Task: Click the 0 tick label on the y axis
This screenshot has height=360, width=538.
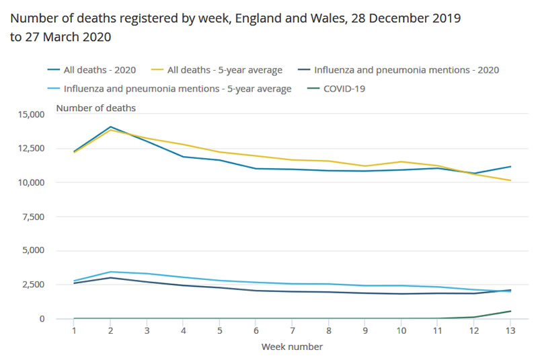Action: [x=42, y=319]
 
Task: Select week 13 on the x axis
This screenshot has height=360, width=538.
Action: [x=510, y=331]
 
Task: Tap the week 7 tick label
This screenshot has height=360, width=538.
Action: [x=292, y=331]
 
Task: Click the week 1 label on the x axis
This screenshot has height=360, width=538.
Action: [x=73, y=331]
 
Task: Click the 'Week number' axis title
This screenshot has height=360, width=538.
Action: [x=292, y=347]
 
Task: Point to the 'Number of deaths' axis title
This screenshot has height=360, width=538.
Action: [x=95, y=108]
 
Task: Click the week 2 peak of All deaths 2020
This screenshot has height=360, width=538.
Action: [x=110, y=127]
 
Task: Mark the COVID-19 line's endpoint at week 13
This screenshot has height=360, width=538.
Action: [x=510, y=311]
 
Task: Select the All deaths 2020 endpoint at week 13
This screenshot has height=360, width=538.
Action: [x=510, y=166]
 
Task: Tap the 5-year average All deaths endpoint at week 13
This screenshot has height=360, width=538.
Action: [x=510, y=180]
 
